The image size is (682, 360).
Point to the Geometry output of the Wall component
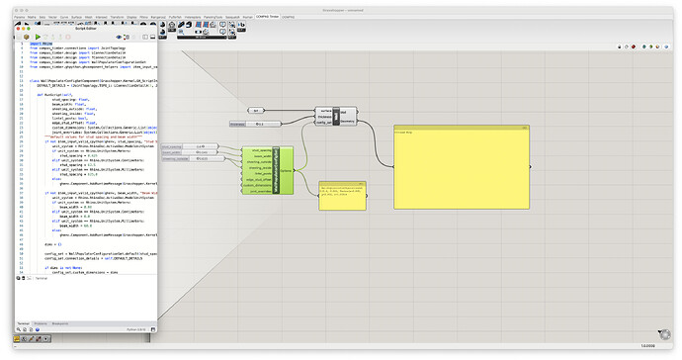[347, 124]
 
